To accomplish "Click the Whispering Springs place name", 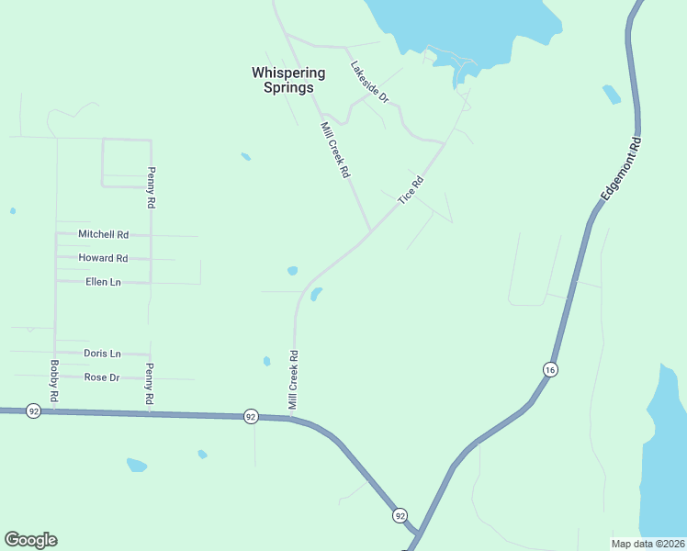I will (288, 80).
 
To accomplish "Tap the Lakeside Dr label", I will (370, 81).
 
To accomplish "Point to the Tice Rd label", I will (411, 190).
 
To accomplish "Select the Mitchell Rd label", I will (103, 234).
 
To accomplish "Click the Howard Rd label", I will (103, 258).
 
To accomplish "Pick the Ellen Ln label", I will (103, 282).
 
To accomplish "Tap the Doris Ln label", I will (102, 354).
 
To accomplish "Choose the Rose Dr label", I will (102, 377).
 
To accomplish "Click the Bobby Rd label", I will (55, 380).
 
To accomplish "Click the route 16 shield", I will (549, 369).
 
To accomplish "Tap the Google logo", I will (30, 540).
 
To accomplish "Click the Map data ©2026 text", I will (648, 544).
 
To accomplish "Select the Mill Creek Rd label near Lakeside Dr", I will (335, 150).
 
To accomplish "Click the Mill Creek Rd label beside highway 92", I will (294, 379).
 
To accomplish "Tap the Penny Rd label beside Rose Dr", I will (149, 385).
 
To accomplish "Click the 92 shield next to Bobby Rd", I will (34, 410).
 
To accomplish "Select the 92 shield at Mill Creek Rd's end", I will (251, 416).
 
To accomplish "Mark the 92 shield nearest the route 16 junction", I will (400, 515).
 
